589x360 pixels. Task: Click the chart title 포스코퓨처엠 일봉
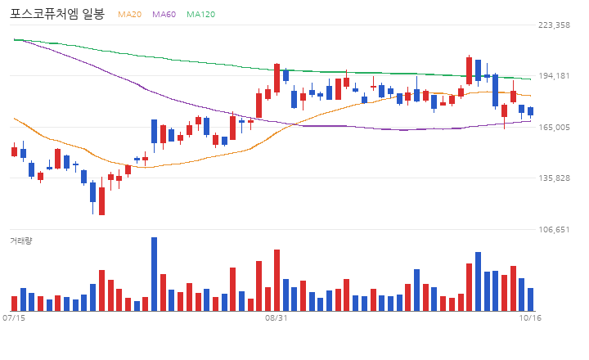coord(57,14)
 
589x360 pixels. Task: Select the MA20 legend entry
coord(129,14)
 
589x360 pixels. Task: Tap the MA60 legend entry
coord(164,14)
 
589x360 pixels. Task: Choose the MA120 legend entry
coord(201,14)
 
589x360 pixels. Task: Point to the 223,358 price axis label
coord(554,25)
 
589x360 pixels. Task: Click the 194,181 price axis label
coord(554,75)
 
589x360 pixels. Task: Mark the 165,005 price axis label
coord(554,127)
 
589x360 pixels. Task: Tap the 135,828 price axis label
coord(554,178)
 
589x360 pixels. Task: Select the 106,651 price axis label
coord(554,229)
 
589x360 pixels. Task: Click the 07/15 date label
coord(14,318)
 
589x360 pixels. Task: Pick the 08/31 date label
coord(277,318)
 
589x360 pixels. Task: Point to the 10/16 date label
coord(530,318)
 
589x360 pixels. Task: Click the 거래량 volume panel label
coord(21,241)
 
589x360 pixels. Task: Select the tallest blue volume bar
coord(154,274)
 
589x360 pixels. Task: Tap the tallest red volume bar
coord(277,281)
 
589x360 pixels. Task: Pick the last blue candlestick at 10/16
coord(530,111)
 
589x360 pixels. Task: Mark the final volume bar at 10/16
coord(530,299)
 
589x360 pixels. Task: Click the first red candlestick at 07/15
coord(14,151)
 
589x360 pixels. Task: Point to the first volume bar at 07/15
coord(14,304)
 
